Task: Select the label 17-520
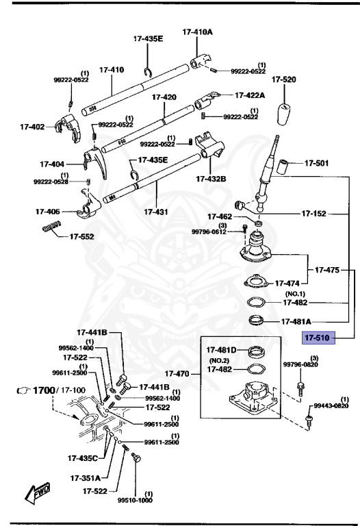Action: point(284,80)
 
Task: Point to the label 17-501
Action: point(317,164)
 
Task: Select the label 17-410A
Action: point(197,32)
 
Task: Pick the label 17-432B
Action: point(211,179)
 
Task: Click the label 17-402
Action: point(33,126)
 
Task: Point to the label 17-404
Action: point(52,164)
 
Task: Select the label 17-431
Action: point(157,212)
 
